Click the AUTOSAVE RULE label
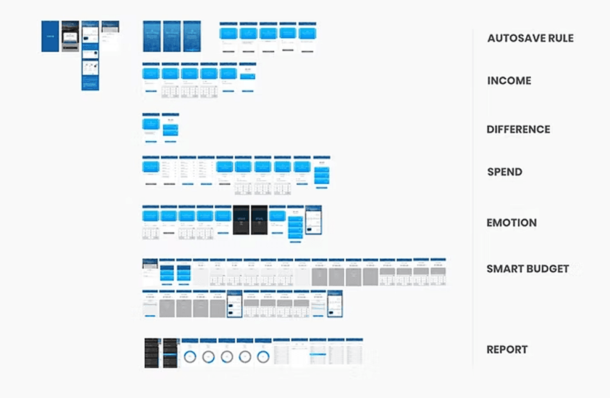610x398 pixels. coord(530,38)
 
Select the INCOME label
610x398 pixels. coord(509,81)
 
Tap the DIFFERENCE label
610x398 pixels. coord(518,129)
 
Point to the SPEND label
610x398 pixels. coord(505,172)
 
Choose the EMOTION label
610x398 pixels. coord(511,222)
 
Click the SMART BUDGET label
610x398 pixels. coord(527,269)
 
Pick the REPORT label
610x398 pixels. coord(507,349)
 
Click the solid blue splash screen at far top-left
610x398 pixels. coord(50,36)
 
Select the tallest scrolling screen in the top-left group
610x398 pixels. coord(90,55)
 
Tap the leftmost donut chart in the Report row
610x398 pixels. coord(190,356)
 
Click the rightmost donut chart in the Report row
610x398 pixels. coord(263,356)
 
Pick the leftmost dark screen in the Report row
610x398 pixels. coord(152,353)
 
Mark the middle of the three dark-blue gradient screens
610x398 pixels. coord(172,36)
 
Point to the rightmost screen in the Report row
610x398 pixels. coord(355,352)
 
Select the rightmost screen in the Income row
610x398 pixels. coord(248,78)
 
